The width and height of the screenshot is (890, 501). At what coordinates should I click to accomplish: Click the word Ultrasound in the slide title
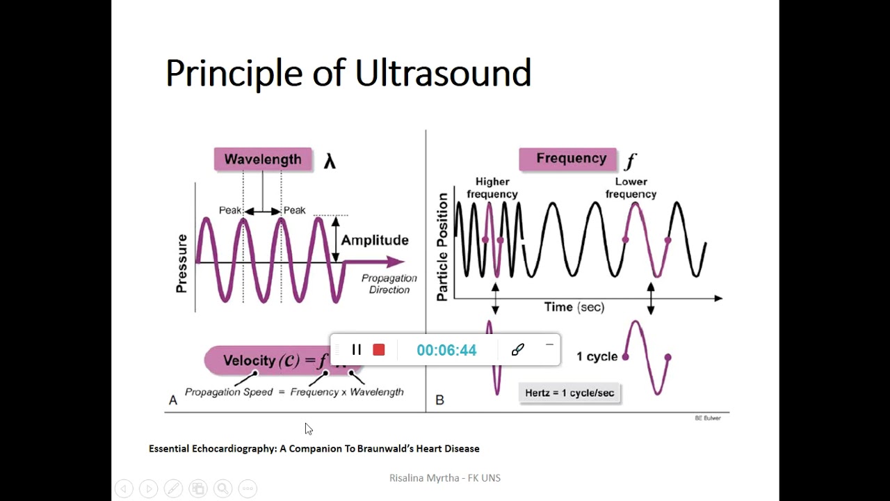[443, 73]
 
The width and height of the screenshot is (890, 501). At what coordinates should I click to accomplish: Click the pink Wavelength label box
[263, 159]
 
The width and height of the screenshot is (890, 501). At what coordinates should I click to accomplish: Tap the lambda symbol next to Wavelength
[330, 161]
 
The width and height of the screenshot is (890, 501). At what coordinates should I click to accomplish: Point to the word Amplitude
[375, 240]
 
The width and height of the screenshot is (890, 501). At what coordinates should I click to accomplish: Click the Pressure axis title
[181, 263]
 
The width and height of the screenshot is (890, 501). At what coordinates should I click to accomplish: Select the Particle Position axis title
[442, 247]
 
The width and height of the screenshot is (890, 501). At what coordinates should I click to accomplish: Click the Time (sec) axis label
[574, 307]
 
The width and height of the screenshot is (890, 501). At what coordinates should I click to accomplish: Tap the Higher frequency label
[492, 188]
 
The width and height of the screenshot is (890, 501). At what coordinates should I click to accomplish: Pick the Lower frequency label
[631, 188]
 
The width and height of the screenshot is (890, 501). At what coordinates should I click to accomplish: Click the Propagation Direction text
[389, 284]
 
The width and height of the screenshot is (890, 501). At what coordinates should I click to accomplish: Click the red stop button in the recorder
[379, 350]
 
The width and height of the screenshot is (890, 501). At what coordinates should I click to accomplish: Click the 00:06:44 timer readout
[446, 350]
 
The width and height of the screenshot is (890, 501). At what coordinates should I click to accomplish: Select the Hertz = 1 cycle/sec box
[569, 392]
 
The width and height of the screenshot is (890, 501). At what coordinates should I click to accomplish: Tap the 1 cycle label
[597, 356]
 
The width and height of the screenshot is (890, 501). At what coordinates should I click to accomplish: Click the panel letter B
[439, 400]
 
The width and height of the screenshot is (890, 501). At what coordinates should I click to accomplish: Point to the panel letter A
[173, 400]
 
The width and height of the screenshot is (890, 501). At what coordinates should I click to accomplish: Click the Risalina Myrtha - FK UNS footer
[445, 478]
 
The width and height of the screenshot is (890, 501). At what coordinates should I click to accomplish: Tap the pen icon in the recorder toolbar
[517, 350]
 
